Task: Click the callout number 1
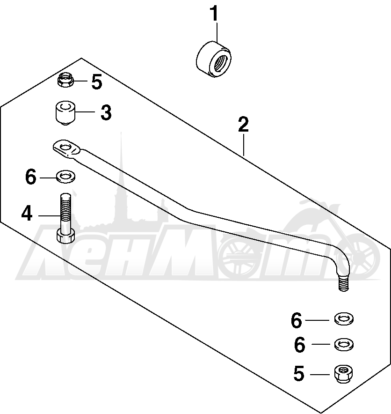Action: point(215,14)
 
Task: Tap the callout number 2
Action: point(243,125)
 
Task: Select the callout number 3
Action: point(106,112)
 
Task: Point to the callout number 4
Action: point(27,214)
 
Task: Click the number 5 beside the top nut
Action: point(97,81)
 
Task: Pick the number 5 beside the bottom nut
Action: point(299,373)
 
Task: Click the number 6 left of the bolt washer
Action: point(30,177)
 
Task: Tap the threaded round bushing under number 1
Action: point(214,59)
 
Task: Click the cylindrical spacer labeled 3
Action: point(65,113)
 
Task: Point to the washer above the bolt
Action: point(65,177)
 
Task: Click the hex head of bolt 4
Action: point(65,236)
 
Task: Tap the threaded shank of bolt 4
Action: point(65,211)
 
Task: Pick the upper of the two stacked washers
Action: point(344,318)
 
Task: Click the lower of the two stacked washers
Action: point(344,344)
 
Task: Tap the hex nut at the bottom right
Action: point(344,374)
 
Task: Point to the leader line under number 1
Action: point(217,32)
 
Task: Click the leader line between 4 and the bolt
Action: point(50,216)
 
